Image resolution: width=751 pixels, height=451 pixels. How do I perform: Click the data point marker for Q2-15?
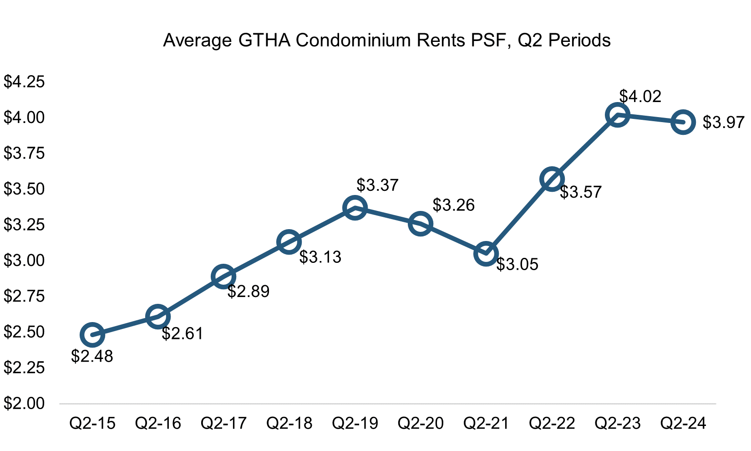pyautogui.click(x=92, y=335)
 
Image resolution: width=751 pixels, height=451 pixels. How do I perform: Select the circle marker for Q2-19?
pyautogui.click(x=355, y=208)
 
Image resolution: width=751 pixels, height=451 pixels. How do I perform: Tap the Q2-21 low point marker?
pyautogui.click(x=486, y=254)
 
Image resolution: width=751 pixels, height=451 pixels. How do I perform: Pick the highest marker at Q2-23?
pyautogui.click(x=617, y=114)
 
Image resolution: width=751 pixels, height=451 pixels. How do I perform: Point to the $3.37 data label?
pyautogui.click(x=377, y=185)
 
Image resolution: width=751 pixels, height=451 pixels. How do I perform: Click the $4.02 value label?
pyautogui.click(x=640, y=97)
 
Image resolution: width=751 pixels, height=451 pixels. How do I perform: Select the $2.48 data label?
pyautogui.click(x=92, y=356)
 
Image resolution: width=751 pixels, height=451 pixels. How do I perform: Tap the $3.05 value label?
pyautogui.click(x=517, y=264)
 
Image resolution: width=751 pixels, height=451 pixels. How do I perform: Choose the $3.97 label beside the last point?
pyautogui.click(x=724, y=123)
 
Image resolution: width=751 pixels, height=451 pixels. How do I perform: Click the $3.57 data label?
pyautogui.click(x=580, y=192)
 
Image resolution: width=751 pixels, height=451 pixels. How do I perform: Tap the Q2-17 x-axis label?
pyautogui.click(x=223, y=424)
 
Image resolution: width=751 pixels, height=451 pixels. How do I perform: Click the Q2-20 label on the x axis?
pyautogui.click(x=421, y=424)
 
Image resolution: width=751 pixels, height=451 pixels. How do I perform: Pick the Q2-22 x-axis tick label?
pyautogui.click(x=552, y=424)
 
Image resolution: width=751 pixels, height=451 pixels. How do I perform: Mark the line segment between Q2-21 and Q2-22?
pyautogui.click(x=519, y=216)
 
